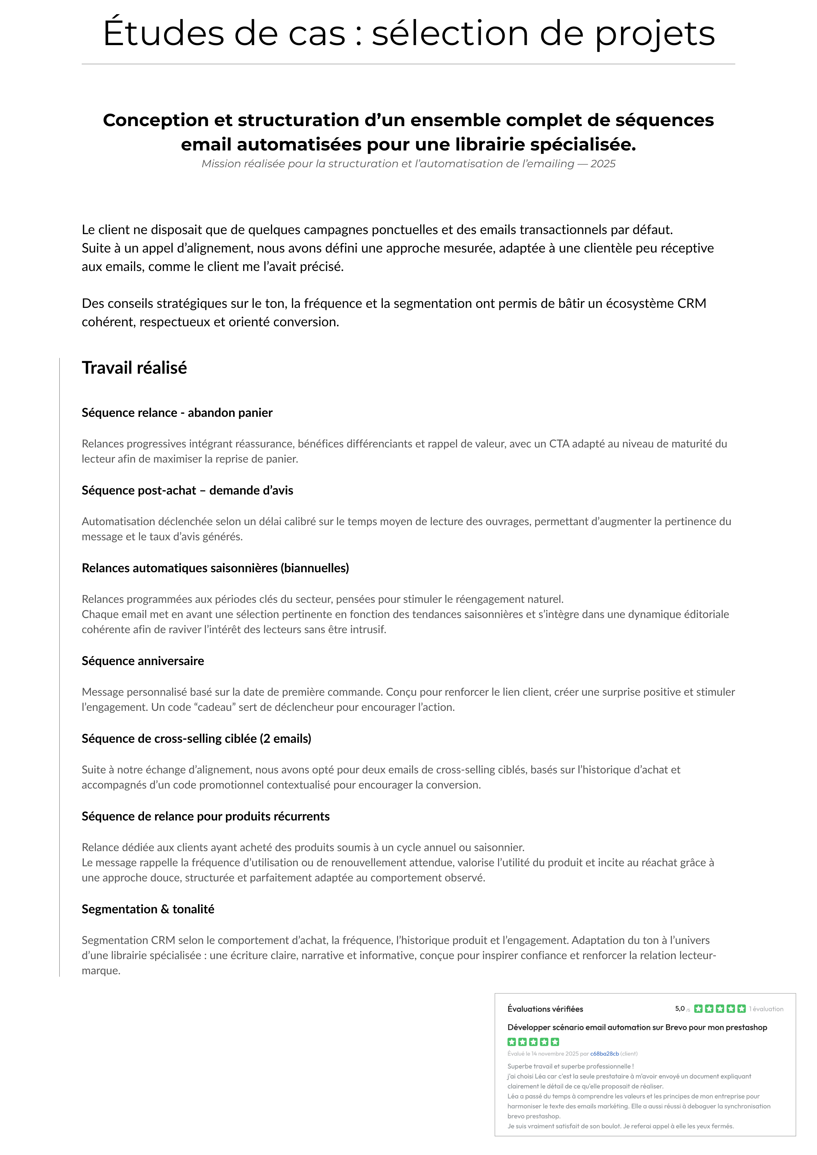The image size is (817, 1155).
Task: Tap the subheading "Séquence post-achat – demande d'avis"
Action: tap(187, 491)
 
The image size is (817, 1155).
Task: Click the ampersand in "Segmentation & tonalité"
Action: tap(165, 909)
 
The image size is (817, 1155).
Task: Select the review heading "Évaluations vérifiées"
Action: tap(545, 1008)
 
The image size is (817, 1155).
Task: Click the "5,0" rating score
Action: tap(680, 1008)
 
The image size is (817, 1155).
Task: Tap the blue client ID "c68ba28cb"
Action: tap(604, 1053)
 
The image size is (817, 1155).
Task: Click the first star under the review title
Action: tap(511, 1042)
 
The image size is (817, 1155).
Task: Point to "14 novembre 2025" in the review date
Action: tap(555, 1053)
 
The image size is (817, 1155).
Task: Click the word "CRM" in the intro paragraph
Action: tap(692, 303)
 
